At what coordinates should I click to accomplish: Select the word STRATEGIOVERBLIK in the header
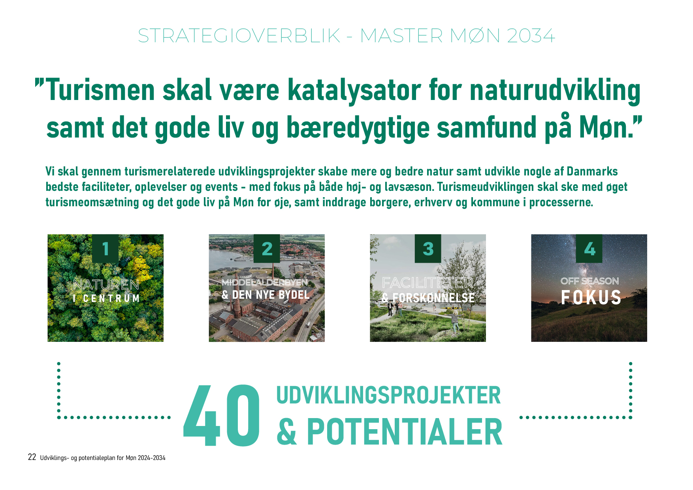[x=239, y=36]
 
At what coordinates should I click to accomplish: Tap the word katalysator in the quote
[x=354, y=90]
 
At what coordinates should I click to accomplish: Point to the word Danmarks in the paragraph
[x=592, y=171]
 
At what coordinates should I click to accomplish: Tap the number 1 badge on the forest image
[x=105, y=249]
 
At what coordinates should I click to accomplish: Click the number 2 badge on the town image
[x=267, y=249]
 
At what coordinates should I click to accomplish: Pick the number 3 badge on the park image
[x=428, y=249]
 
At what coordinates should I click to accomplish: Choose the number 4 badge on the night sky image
[x=589, y=249]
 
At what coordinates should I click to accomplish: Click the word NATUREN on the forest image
[x=106, y=285]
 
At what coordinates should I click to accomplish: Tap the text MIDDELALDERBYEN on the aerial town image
[x=265, y=283]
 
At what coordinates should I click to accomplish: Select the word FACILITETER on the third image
[x=428, y=283]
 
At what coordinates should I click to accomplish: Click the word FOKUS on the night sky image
[x=591, y=298]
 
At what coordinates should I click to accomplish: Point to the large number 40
[x=222, y=416]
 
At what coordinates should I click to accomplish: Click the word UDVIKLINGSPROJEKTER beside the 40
[x=388, y=395]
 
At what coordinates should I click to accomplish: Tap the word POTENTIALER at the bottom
[x=405, y=432]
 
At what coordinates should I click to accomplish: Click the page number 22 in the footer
[x=32, y=457]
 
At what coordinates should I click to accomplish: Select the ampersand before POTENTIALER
[x=287, y=432]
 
